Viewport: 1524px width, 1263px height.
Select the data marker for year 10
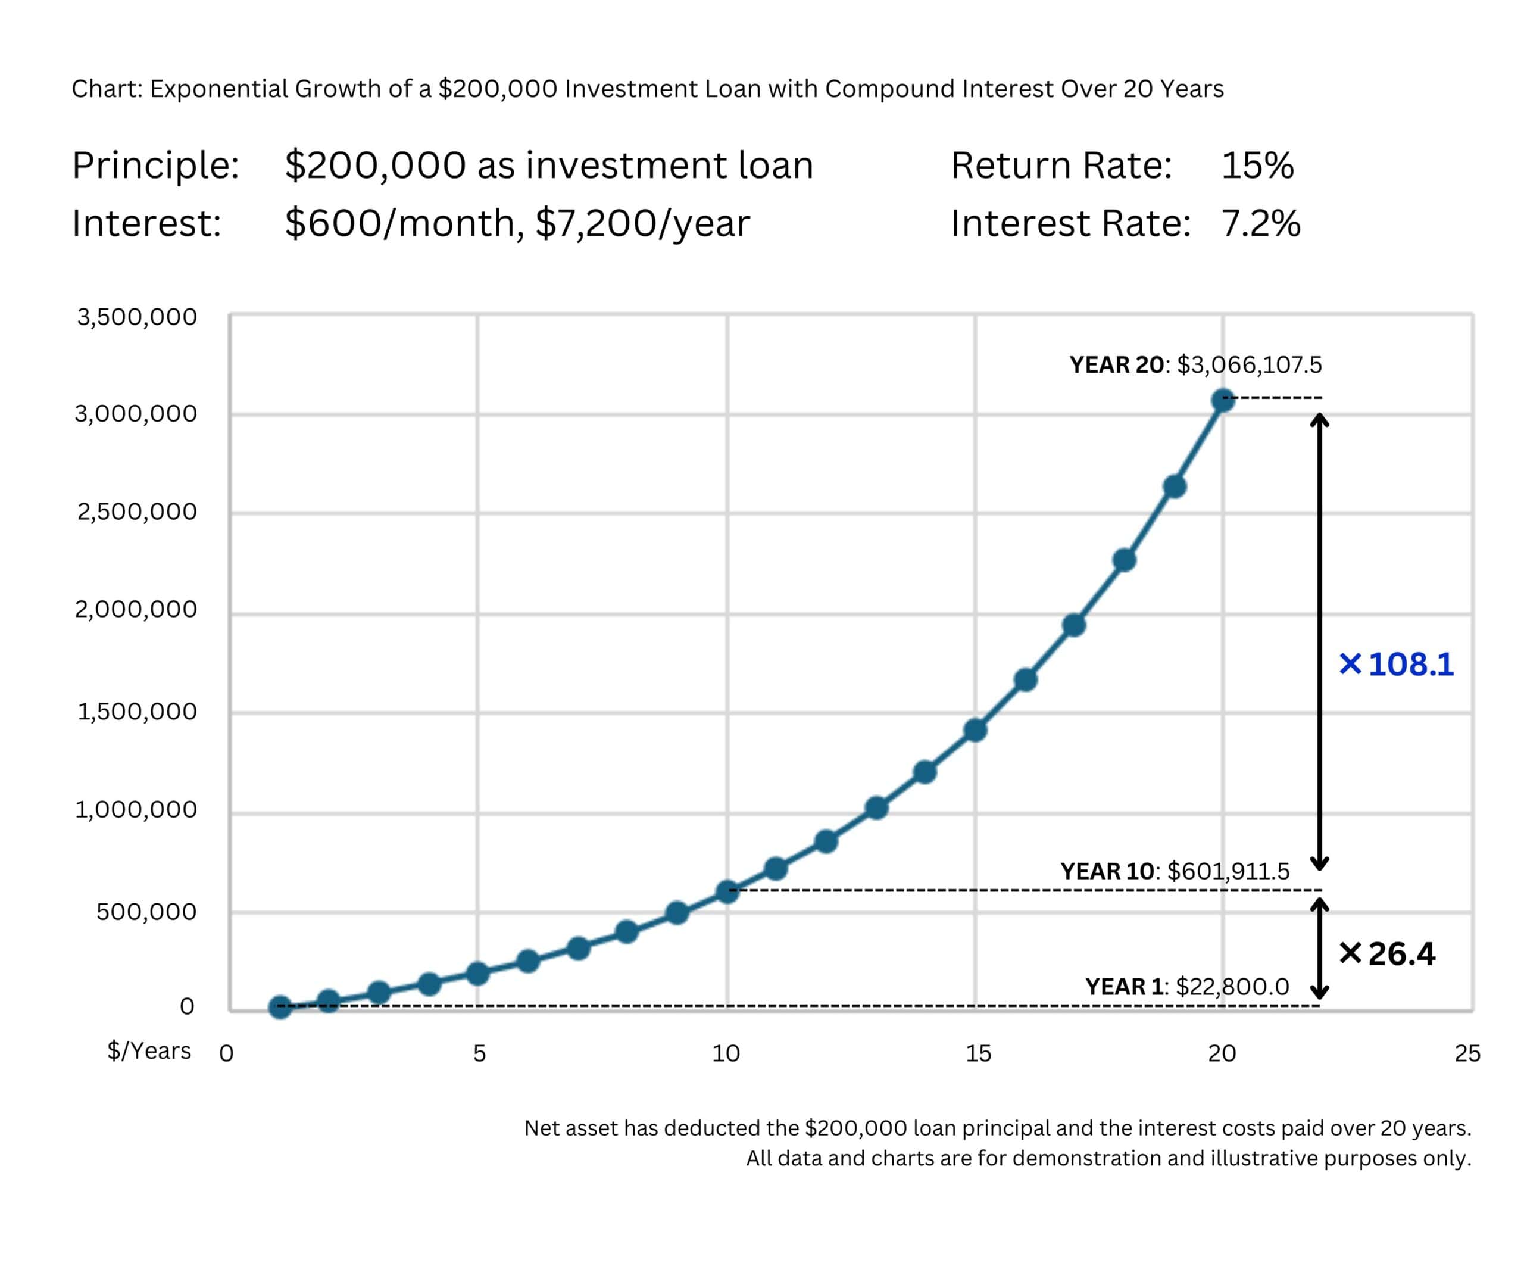pyautogui.click(x=727, y=891)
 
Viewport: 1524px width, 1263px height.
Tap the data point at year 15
pyautogui.click(x=975, y=729)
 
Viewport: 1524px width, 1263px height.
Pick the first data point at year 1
pyautogui.click(x=280, y=1007)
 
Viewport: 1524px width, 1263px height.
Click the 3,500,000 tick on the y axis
pyautogui.click(x=137, y=317)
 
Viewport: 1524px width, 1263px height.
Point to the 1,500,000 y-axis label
pyautogui.click(x=137, y=712)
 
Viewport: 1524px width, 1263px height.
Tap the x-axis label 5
pyautogui.click(x=479, y=1053)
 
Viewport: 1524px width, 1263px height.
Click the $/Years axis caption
pyautogui.click(x=149, y=1051)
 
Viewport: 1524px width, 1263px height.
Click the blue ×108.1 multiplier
pyautogui.click(x=1395, y=664)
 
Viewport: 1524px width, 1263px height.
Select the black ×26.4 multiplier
pyautogui.click(x=1387, y=953)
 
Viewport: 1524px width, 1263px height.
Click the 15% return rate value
pyautogui.click(x=1257, y=166)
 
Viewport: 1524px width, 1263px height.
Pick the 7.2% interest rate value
pyautogui.click(x=1260, y=223)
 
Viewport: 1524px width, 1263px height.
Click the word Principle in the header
pyautogui.click(x=155, y=166)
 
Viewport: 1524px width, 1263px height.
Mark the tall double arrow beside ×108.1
pyautogui.click(x=1319, y=642)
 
